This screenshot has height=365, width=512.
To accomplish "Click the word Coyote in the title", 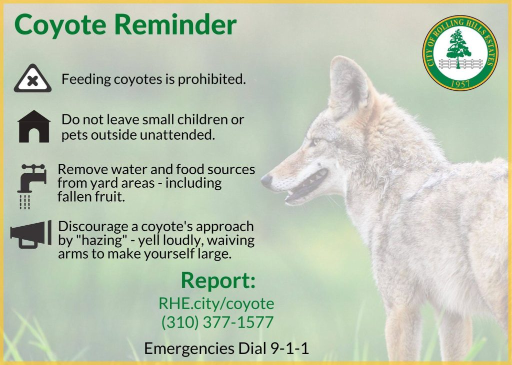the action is [60, 25].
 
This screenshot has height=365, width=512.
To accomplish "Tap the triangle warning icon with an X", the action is [32, 78].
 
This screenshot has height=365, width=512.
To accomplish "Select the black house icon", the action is [34, 126].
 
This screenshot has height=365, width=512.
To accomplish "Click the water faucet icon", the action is [31, 186].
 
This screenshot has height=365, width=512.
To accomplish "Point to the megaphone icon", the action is [31, 234].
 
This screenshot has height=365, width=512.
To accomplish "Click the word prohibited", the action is [211, 79].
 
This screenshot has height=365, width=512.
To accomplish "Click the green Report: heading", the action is [218, 280].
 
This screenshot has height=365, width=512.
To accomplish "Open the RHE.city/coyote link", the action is [216, 304].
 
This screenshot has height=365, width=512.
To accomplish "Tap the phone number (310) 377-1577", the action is [217, 322].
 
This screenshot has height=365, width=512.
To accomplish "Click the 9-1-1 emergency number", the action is [290, 349].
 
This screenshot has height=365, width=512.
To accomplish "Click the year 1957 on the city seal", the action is [460, 84].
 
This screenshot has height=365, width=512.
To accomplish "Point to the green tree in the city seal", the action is [458, 47].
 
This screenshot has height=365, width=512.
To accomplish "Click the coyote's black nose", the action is [266, 180].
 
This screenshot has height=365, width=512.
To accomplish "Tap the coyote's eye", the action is [315, 142].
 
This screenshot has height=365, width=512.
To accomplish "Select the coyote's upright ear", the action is [348, 84].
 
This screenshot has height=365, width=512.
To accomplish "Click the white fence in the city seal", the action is [460, 63].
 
